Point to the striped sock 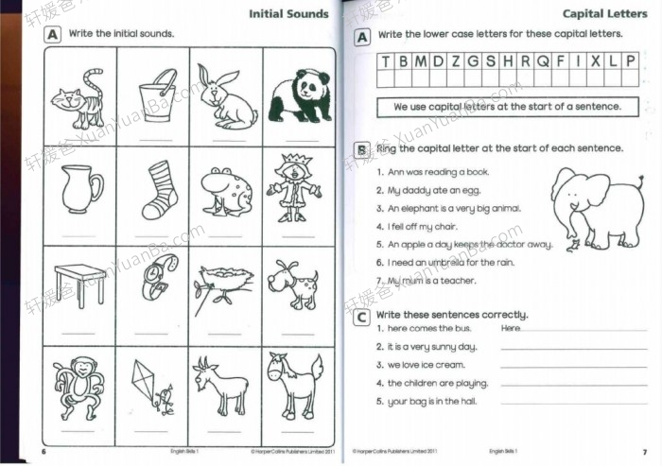tap(158, 188)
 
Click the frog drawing tap(224, 190)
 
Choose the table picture tap(80, 283)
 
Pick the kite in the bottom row tap(155, 383)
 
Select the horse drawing tap(291, 382)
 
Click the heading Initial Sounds tap(288, 13)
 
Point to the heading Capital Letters tap(604, 13)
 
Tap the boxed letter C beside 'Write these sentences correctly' tap(361, 319)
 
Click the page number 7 tap(644, 453)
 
